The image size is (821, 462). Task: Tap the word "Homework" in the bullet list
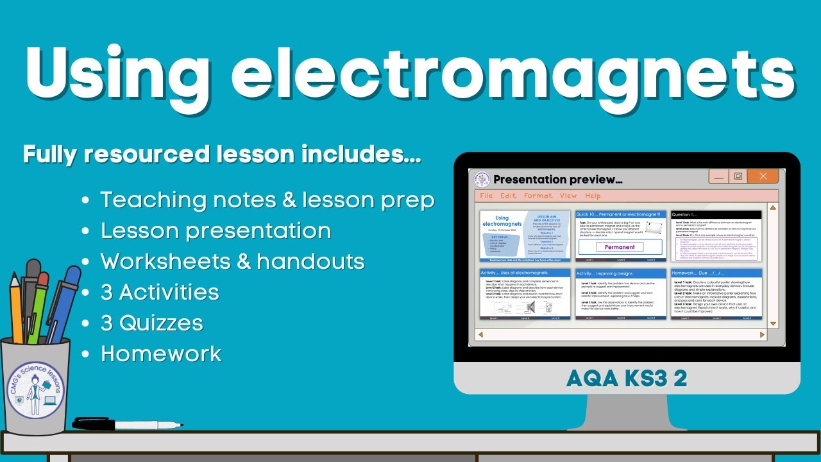pos(161,354)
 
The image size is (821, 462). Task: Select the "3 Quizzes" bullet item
pos(151,323)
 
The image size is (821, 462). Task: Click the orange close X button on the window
pos(763,176)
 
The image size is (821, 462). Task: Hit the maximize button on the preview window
pos(738,176)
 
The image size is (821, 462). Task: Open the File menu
pos(486,196)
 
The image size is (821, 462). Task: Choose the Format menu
pos(537,196)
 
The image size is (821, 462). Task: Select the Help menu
pos(593,196)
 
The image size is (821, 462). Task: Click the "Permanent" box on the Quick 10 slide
pos(620,247)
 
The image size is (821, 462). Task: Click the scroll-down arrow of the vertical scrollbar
pos(773,323)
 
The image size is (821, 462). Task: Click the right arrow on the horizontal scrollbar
pos(762,334)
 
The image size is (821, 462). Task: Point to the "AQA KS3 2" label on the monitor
pos(627,379)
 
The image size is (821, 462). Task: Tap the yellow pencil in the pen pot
pos(16,308)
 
